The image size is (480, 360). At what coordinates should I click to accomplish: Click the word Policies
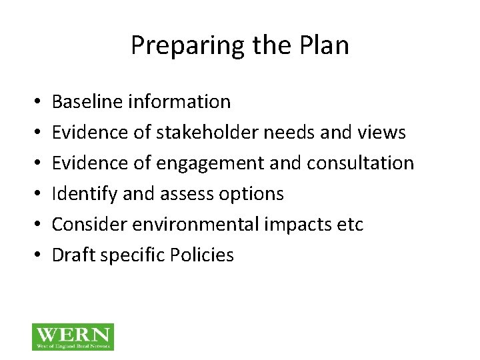[200, 255]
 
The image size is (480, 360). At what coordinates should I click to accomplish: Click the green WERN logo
[73, 337]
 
